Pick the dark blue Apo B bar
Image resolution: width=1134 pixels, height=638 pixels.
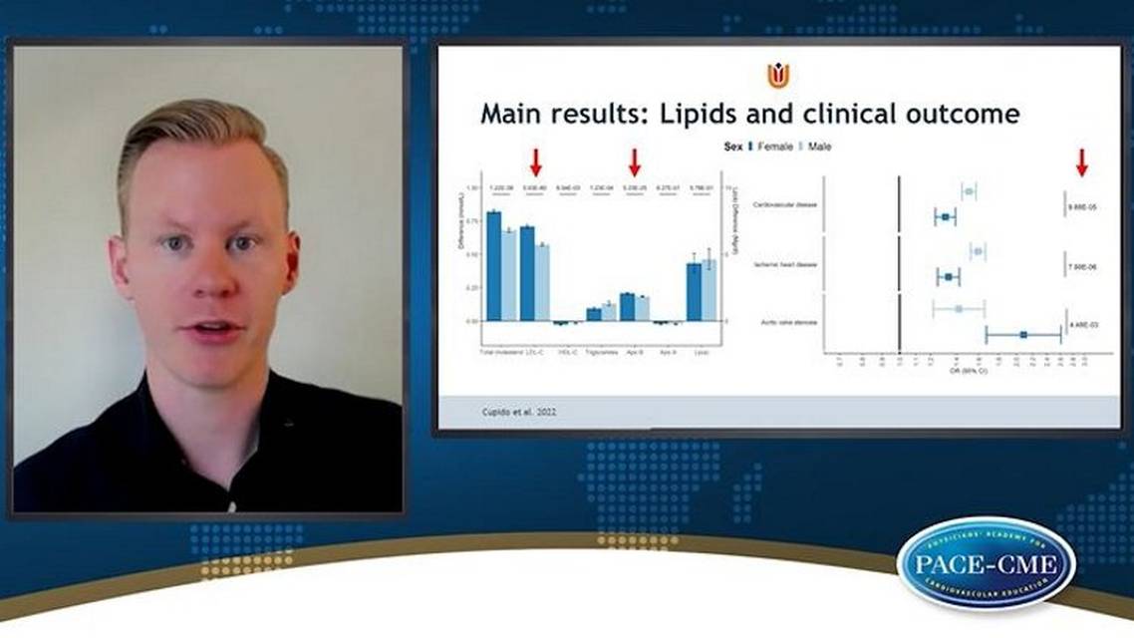pos(627,306)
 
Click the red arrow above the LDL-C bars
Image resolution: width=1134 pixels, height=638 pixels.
pos(535,162)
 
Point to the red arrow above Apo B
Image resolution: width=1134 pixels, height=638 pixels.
pos(635,162)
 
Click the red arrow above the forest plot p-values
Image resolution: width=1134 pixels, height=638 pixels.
pos(1081,162)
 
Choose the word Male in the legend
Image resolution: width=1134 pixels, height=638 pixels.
pos(819,147)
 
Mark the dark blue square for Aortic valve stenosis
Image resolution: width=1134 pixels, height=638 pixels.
pos(1023,335)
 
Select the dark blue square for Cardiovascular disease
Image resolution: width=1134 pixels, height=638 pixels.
pos(945,216)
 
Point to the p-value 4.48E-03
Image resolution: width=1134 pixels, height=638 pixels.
pos(1084,324)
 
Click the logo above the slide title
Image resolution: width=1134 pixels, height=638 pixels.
pos(778,75)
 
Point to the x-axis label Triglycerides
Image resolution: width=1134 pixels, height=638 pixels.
pos(601,352)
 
